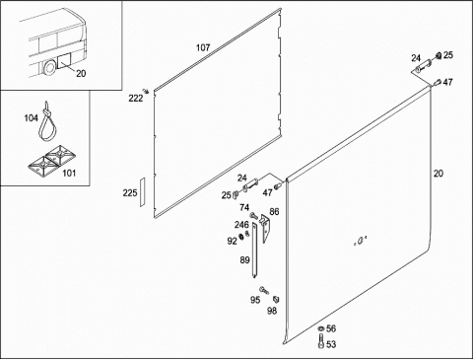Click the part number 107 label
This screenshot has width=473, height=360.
tap(203, 47)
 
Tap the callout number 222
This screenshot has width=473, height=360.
tap(136, 98)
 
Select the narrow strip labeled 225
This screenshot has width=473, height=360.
tap(142, 192)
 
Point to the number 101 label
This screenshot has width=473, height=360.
tap(69, 173)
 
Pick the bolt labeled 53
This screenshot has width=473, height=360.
tap(321, 341)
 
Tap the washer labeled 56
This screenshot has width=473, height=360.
tap(320, 328)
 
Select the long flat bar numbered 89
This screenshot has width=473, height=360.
tap(255, 250)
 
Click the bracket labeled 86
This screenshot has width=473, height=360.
tap(265, 228)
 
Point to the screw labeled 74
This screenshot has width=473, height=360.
tap(254, 216)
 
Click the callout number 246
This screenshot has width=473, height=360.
tap(241, 225)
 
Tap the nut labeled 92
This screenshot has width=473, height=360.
tap(240, 236)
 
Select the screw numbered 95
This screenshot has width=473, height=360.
tap(264, 290)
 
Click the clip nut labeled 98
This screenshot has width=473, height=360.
tap(276, 299)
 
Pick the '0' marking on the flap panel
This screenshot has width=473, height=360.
tap(360, 242)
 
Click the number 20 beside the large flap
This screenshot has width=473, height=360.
tap(439, 174)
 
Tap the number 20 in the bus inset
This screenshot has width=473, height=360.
tap(81, 73)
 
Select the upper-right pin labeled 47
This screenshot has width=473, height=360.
tap(437, 83)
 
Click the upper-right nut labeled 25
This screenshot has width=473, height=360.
tap(439, 56)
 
